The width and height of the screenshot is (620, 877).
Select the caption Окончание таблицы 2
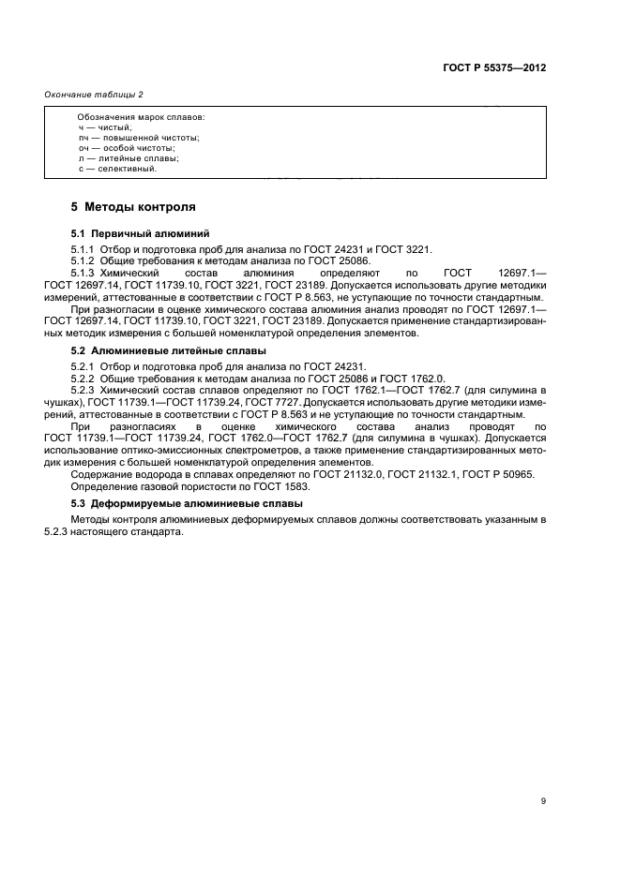pyautogui.click(x=94, y=95)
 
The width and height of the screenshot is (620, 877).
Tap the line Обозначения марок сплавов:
pyautogui.click(x=141, y=117)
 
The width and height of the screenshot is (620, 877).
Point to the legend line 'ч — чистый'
pyautogui.click(x=106, y=127)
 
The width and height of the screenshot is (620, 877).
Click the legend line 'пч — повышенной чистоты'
pyautogui.click(x=139, y=138)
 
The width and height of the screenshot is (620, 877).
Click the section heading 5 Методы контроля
pyautogui.click(x=133, y=206)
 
